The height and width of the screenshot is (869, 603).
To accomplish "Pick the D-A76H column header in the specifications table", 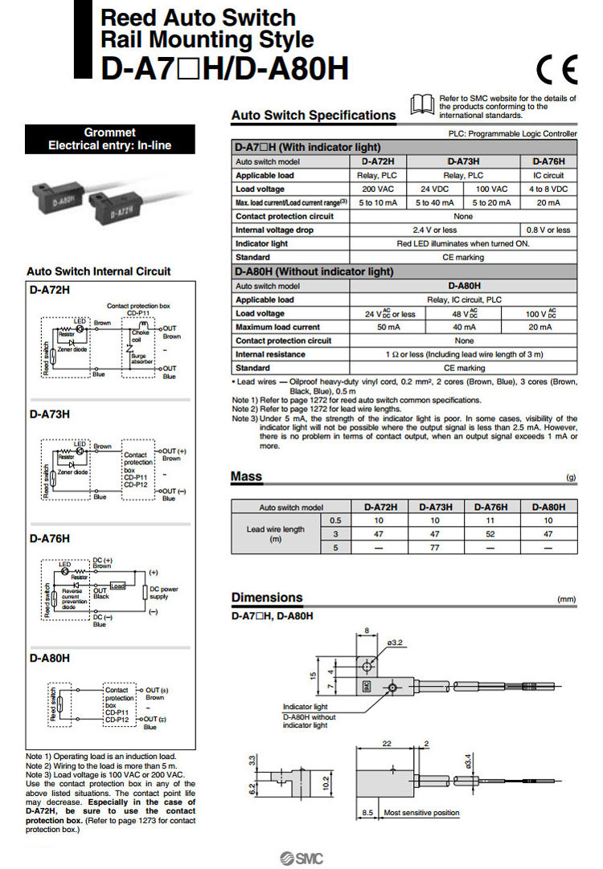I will click(x=548, y=161).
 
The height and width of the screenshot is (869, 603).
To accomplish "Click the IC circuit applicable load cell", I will click(x=548, y=175).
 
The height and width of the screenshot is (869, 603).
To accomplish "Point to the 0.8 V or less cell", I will click(x=548, y=230).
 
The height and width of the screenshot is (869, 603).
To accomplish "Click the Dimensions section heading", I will click(x=267, y=598).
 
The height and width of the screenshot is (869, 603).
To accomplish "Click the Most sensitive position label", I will click(x=421, y=813).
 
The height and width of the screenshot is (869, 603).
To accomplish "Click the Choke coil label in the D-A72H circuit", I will click(x=141, y=336).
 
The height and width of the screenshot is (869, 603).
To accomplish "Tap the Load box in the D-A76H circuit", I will click(x=118, y=585).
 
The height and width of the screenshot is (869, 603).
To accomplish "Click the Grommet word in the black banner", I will click(x=109, y=133).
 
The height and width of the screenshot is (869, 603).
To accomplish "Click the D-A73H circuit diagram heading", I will click(x=50, y=414).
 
